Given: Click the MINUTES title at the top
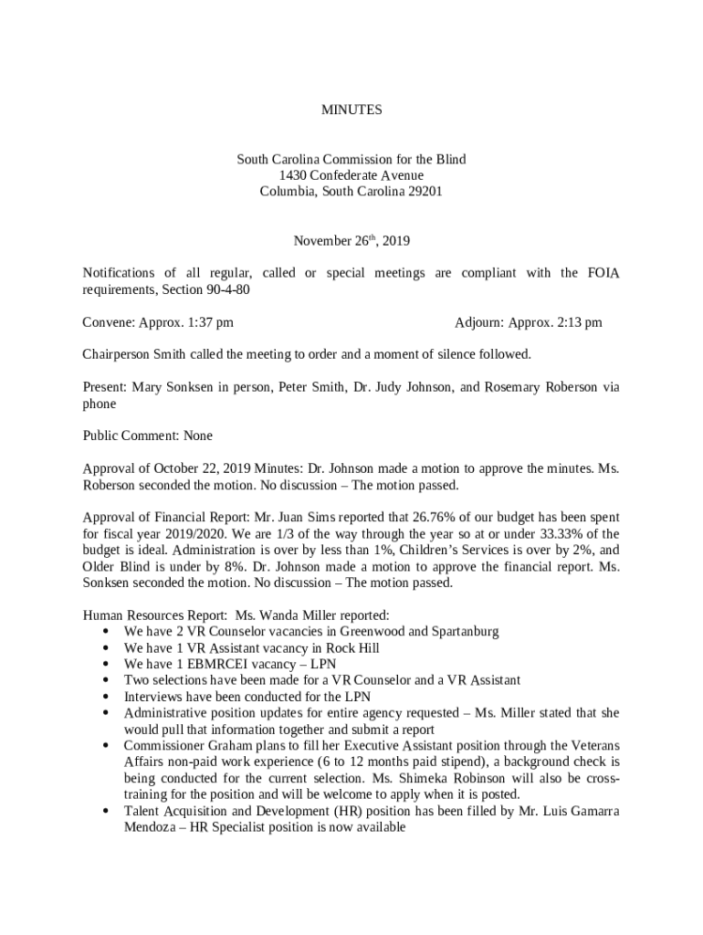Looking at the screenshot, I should pos(351,110).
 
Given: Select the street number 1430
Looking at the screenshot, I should pos(294,175).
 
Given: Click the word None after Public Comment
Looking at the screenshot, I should pos(197,436).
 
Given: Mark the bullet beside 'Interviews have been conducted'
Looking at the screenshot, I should pos(109,697).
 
